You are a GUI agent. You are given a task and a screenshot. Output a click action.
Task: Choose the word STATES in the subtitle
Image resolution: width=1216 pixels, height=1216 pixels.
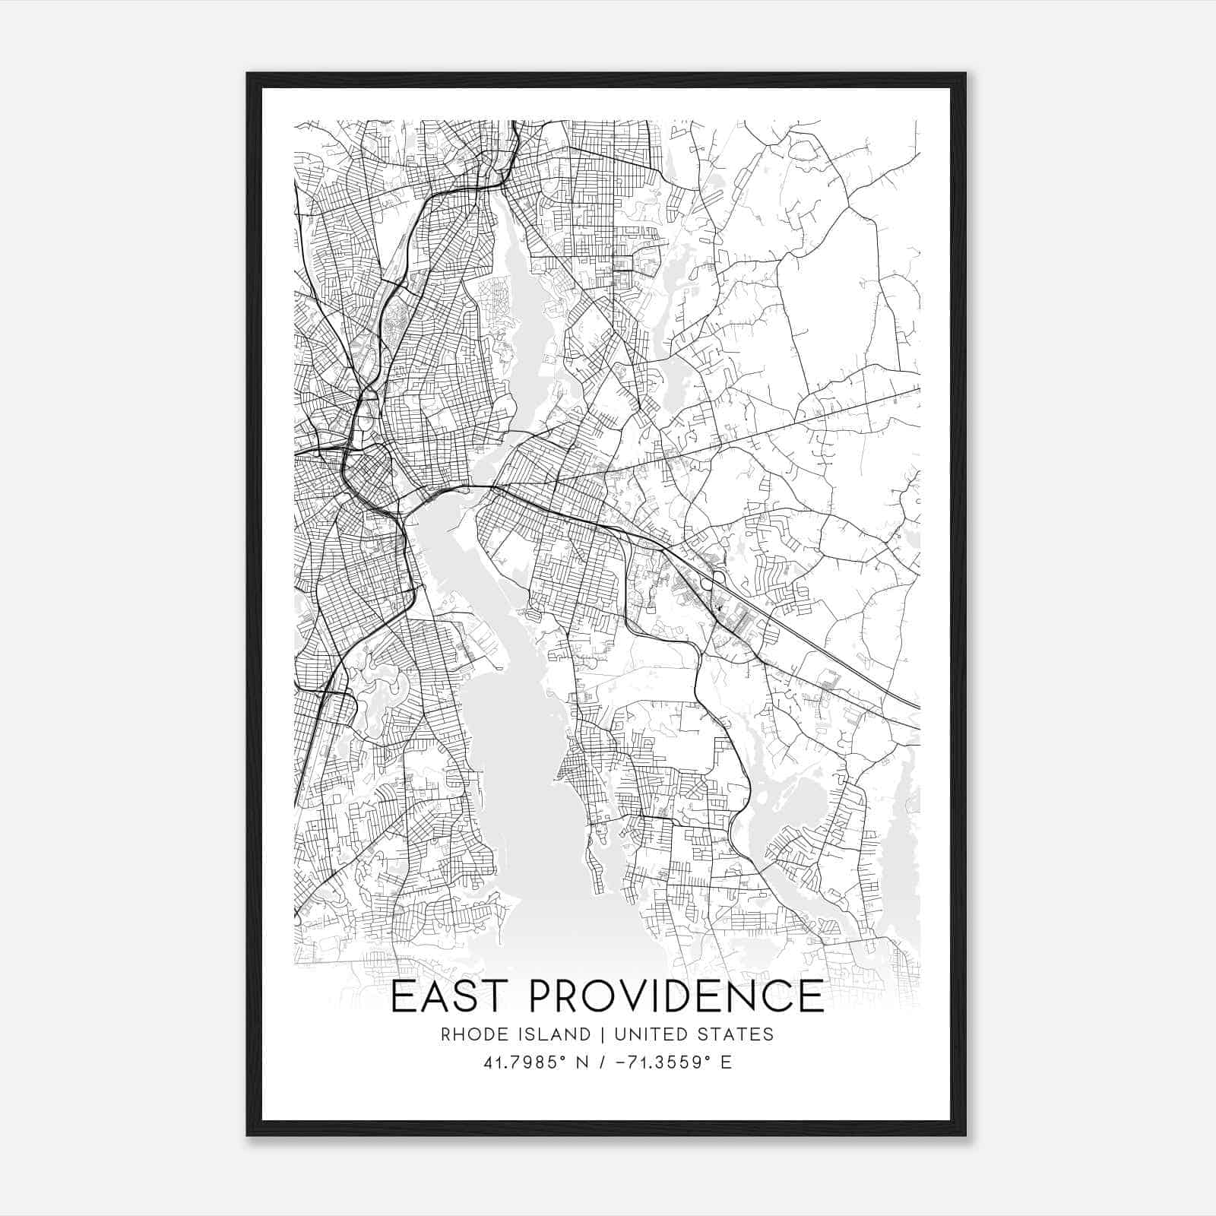tap(736, 1034)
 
